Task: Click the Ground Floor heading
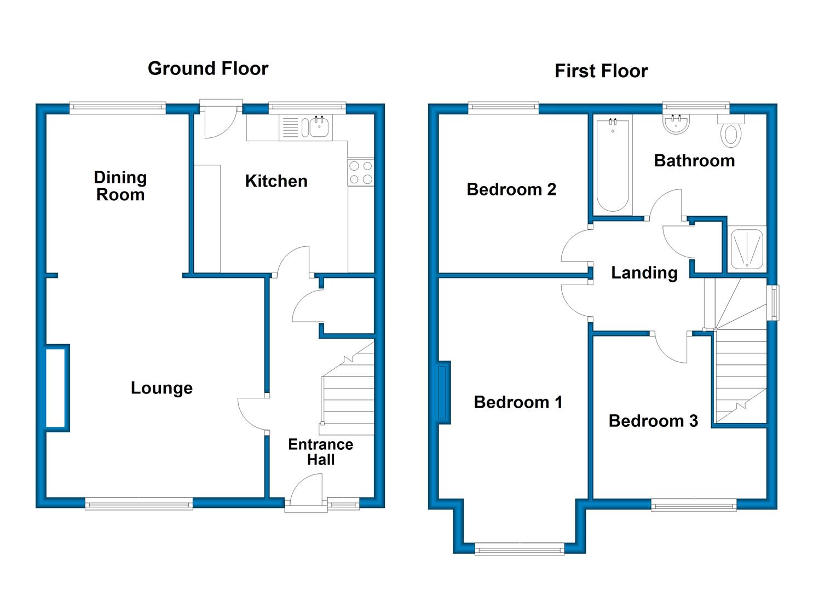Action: [x=208, y=68]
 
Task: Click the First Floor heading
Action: [x=602, y=71]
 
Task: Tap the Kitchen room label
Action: [x=276, y=181]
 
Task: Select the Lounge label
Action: [x=162, y=388]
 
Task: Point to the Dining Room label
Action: [x=120, y=186]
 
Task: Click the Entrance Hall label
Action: [x=321, y=451]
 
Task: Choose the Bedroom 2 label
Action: [x=511, y=189]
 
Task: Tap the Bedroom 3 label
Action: [x=653, y=421]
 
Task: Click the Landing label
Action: [x=644, y=273]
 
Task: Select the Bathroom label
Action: [x=694, y=161]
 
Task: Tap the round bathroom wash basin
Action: [x=676, y=124]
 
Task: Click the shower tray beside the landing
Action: [x=747, y=249]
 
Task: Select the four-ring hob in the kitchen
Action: [x=361, y=173]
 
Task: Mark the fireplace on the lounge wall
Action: [x=57, y=388]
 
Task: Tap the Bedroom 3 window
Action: [x=694, y=505]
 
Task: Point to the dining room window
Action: [x=118, y=108]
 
